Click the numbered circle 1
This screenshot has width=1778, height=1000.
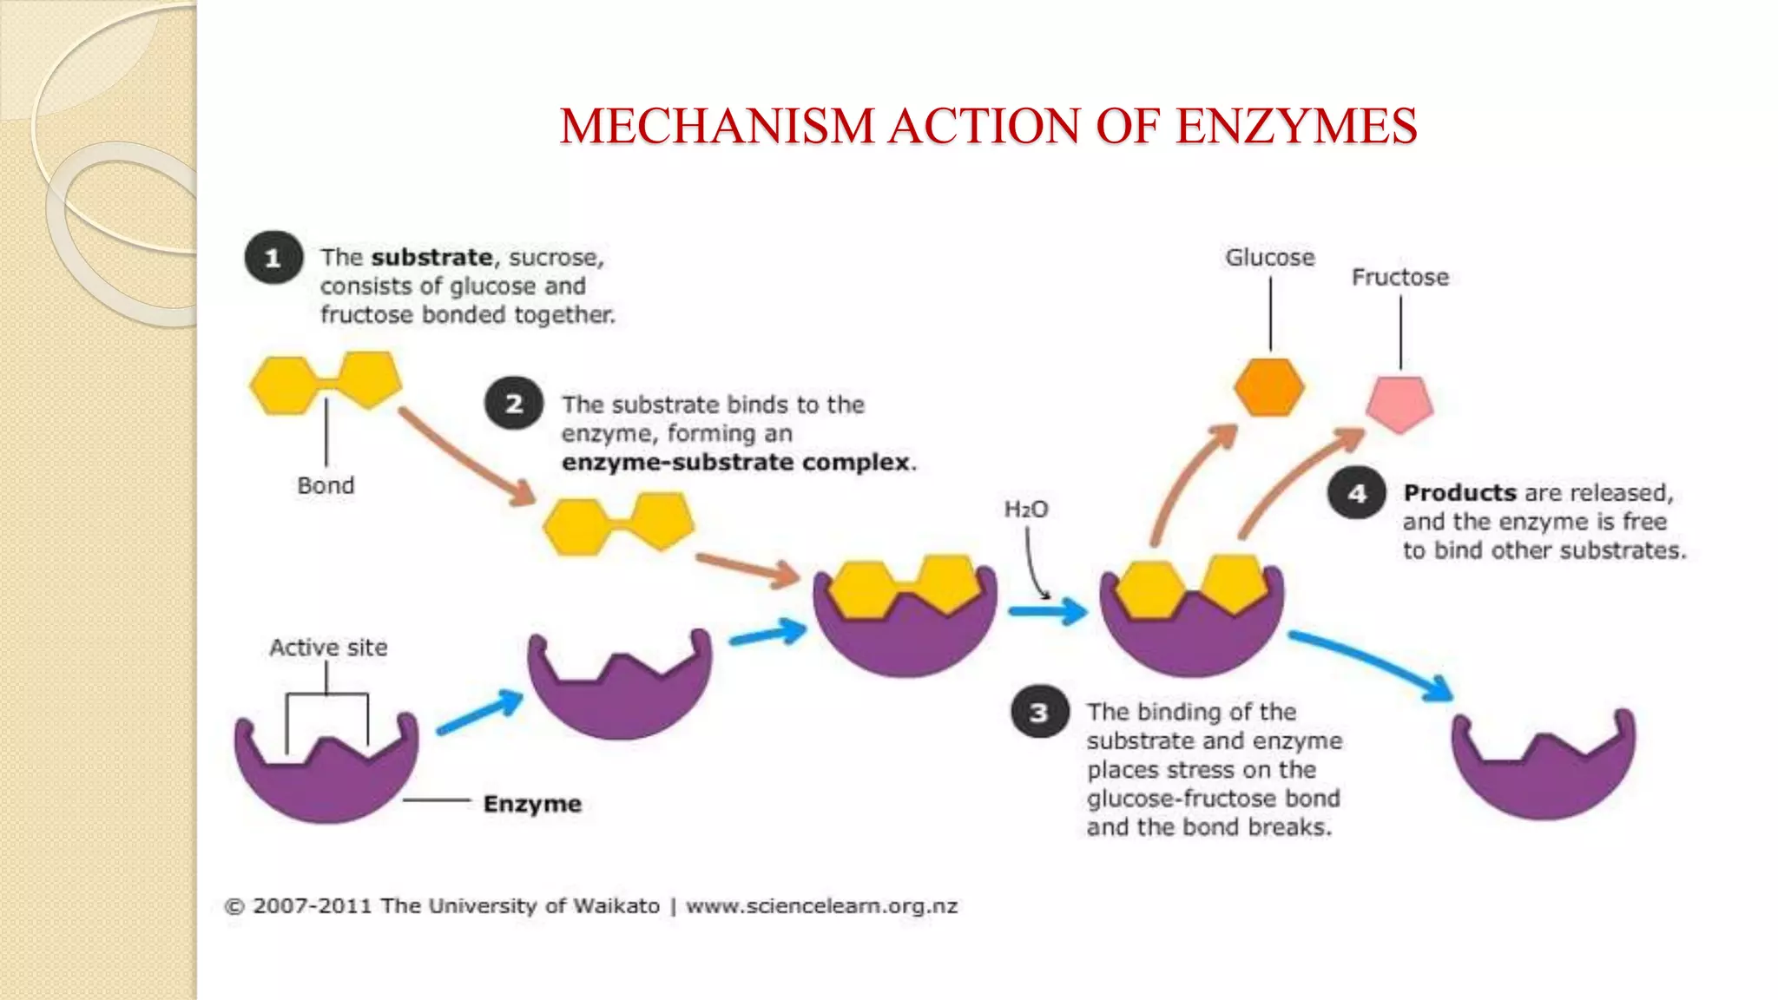[273, 258]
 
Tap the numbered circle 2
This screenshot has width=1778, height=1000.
[514, 404]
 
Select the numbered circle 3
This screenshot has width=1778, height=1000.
[1039, 713]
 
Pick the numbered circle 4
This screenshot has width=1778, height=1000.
[1357, 493]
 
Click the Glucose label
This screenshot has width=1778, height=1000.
[1269, 258]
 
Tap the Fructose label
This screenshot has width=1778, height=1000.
[1399, 278]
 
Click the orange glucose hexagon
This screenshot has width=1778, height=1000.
[1268, 387]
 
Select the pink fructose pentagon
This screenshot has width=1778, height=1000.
[1399, 405]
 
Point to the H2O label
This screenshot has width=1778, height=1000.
[1026, 510]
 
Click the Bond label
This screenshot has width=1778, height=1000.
[326, 485]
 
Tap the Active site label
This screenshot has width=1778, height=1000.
[328, 648]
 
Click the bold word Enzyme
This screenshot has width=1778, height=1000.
[532, 804]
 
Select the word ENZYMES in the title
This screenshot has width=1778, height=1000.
[1296, 126]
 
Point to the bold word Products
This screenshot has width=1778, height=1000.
[1459, 493]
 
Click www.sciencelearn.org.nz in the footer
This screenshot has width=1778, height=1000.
[821, 906]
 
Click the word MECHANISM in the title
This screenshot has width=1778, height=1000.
[716, 126]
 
